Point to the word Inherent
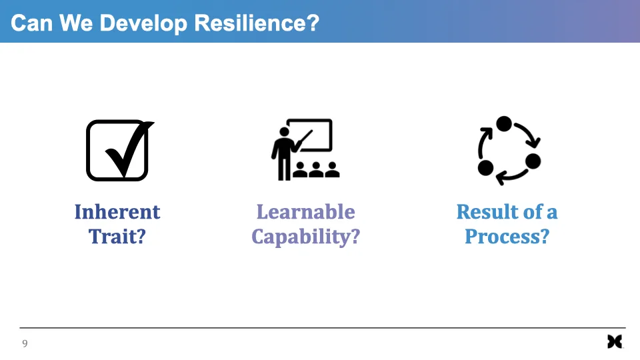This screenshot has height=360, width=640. coord(117,212)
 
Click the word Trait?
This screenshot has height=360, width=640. coord(117,236)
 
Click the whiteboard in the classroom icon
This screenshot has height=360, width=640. coord(313,134)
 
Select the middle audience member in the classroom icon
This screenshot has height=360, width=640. coord(316,169)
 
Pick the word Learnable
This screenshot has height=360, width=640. coord(305,212)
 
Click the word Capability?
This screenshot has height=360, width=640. coord(305,237)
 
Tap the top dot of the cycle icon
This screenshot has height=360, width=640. coord(504,124)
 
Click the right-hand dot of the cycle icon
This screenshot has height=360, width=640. coord(533,161)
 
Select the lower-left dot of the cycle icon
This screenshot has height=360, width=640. coord(486,166)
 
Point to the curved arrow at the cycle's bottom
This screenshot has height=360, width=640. coord(511,177)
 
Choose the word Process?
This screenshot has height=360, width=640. coord(507,236)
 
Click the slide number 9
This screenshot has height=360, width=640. coord(25,343)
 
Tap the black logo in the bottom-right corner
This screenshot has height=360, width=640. coord(615,341)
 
